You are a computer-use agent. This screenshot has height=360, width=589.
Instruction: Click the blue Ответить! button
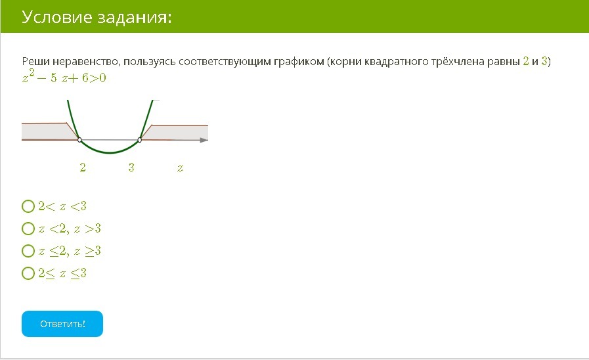point(62,324)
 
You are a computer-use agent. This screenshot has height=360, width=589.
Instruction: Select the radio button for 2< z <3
point(28,206)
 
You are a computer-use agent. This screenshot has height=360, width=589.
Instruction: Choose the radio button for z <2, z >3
point(28,229)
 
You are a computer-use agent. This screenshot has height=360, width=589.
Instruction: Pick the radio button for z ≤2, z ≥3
point(28,251)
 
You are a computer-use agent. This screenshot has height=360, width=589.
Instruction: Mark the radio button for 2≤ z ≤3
point(28,273)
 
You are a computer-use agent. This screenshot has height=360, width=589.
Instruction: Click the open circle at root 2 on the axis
point(79,140)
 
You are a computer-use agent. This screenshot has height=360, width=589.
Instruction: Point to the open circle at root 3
point(140,140)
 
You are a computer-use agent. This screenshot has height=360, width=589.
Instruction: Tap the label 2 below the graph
point(83,168)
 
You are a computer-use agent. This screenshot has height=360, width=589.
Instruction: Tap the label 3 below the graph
point(131,168)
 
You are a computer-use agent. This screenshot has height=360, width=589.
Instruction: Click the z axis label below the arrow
point(181,168)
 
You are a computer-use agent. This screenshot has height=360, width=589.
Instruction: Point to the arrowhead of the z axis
point(204,140)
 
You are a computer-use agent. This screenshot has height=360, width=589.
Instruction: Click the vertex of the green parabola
point(110,153)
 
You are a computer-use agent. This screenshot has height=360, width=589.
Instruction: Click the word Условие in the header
point(56,17)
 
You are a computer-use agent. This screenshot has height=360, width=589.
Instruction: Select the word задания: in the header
point(134,18)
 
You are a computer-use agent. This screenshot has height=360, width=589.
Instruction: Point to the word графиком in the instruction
point(299,62)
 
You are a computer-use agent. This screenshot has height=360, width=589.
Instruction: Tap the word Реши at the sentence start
point(35,61)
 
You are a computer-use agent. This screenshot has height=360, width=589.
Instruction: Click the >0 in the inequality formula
point(98,78)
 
